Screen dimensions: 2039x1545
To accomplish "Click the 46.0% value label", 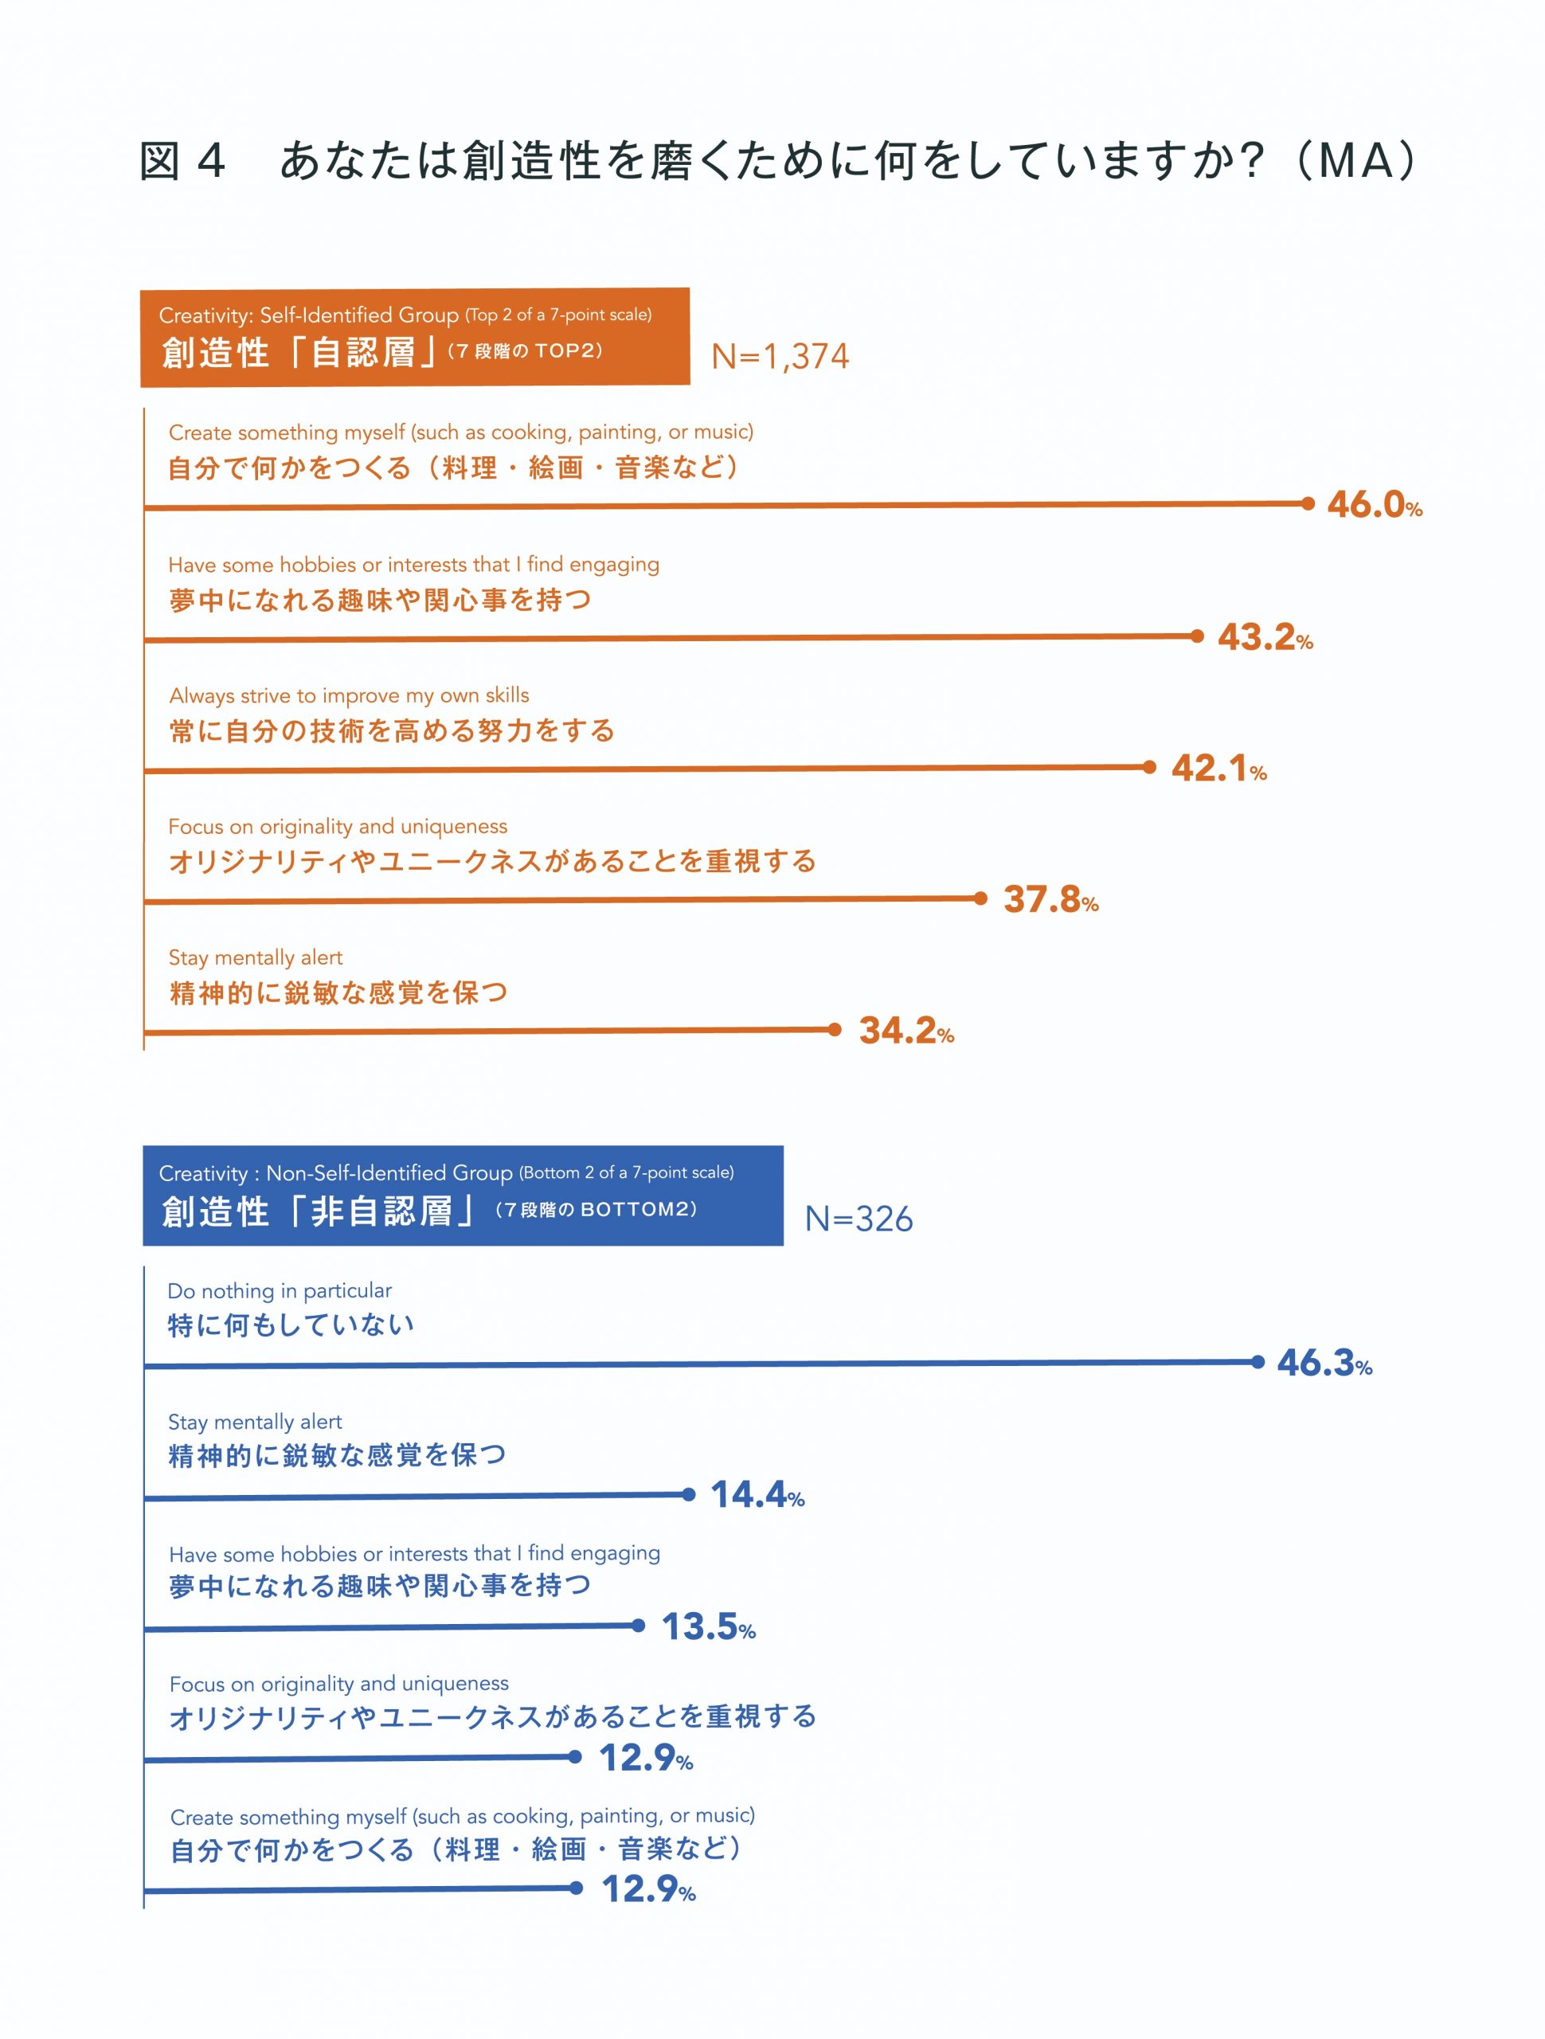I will (x=1374, y=505).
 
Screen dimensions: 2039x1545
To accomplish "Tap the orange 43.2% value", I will (x=1265, y=637).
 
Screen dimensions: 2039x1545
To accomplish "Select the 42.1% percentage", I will (x=1218, y=768).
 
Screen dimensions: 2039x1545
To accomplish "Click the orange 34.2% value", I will (x=905, y=1031).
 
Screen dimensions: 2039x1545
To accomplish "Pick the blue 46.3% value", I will (x=1324, y=1363).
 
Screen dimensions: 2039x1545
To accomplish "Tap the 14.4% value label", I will (x=757, y=1494).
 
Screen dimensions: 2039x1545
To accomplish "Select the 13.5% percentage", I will (x=708, y=1626).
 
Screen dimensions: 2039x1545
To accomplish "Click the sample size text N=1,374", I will (x=780, y=356).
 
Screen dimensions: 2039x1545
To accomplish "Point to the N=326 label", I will (x=859, y=1219).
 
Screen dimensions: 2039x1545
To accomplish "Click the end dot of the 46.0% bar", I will (x=1308, y=503).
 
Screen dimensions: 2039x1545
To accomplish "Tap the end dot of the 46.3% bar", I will (x=1258, y=1361).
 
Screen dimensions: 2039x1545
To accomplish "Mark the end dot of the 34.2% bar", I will (x=835, y=1029).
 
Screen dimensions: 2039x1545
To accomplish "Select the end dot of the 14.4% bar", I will (x=689, y=1494).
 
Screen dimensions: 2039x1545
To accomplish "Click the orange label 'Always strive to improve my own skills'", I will (x=349, y=695).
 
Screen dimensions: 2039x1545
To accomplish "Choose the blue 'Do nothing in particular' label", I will (x=280, y=1290).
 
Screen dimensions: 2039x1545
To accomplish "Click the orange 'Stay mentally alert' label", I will (x=256, y=957).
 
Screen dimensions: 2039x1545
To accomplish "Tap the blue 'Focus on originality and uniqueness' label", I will (x=338, y=1684).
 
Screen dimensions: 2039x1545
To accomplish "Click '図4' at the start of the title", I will (x=182, y=162).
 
